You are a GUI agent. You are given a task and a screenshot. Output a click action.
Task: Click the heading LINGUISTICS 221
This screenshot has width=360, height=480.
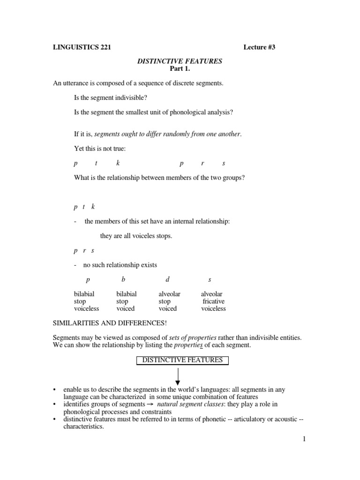point(82,47)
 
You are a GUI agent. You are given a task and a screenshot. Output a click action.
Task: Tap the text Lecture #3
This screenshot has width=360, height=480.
point(262,47)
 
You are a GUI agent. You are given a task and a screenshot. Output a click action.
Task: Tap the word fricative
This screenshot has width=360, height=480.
point(213,301)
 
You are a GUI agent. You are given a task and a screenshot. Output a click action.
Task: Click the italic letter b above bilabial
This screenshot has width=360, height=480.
point(123,280)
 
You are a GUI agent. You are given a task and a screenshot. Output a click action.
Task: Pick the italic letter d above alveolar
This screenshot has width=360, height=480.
point(167,280)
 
